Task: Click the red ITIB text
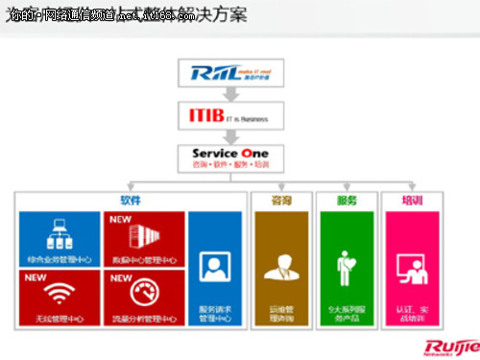(201, 116)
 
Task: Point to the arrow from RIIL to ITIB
(229, 95)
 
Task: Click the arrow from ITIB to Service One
(229, 135)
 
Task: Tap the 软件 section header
(131, 201)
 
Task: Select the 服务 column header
(347, 201)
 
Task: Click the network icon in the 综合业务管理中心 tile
(59, 233)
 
